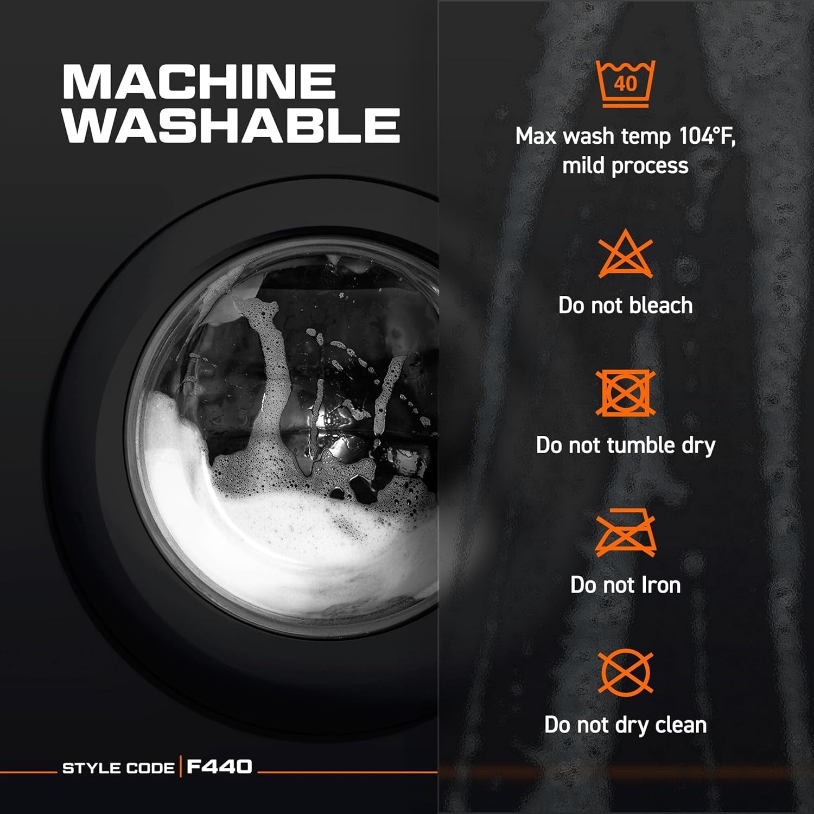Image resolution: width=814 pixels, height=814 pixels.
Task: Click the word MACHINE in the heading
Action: tap(199, 82)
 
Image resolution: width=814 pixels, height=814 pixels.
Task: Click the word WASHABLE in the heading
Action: tap(232, 125)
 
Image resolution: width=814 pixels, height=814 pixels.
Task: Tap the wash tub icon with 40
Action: tap(625, 84)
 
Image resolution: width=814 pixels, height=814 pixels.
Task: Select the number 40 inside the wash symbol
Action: tap(625, 84)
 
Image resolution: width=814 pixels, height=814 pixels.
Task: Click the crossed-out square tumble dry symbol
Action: tap(625, 393)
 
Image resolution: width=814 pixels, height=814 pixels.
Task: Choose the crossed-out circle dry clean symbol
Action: tap(625, 672)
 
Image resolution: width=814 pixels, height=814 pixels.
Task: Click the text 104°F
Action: tap(707, 136)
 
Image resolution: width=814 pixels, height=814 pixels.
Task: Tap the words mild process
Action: tap(625, 166)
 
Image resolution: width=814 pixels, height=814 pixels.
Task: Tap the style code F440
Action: tap(219, 766)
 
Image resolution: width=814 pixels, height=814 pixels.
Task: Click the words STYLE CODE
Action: tap(119, 768)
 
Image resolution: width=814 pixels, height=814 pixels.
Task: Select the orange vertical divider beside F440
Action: tap(181, 766)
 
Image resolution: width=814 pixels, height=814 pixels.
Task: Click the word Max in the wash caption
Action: tap(536, 136)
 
